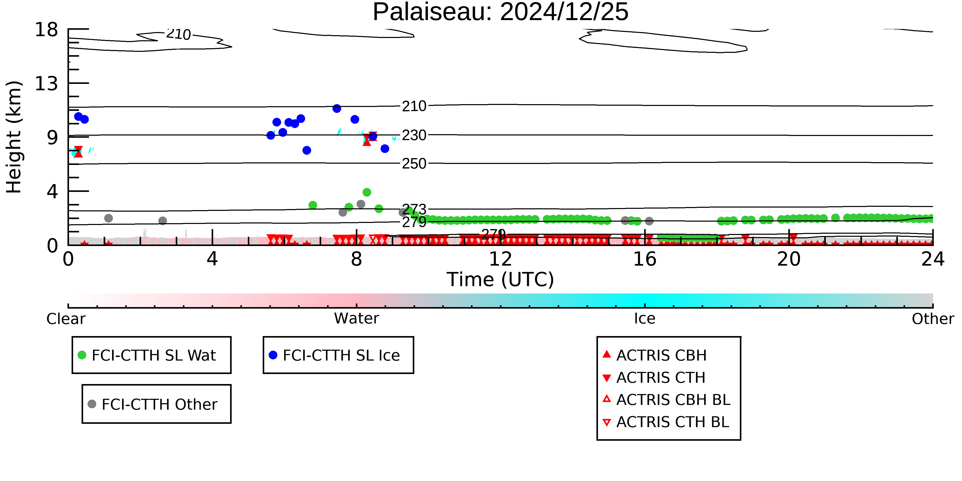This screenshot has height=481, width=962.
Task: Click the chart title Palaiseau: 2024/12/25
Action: click(500, 12)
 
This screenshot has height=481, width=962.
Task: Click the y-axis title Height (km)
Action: click(14, 137)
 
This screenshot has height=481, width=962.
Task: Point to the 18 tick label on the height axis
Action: click(46, 30)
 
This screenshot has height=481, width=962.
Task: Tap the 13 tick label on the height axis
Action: click(46, 83)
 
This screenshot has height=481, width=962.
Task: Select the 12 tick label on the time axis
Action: click(500, 259)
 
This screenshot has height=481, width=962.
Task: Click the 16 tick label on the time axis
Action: click(645, 259)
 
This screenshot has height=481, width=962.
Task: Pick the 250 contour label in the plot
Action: click(414, 164)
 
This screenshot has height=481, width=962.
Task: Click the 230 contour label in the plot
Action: click(414, 135)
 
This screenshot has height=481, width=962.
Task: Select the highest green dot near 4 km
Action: click(367, 192)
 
